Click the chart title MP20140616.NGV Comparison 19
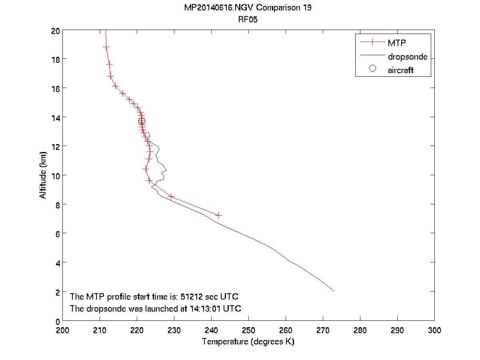click(x=248, y=8)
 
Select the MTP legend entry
click(x=395, y=42)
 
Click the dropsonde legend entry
click(x=407, y=57)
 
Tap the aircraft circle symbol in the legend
click(x=372, y=68)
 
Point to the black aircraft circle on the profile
click(x=142, y=121)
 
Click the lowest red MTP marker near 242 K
click(x=218, y=215)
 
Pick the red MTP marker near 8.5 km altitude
click(x=171, y=196)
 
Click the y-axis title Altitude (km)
click(x=43, y=175)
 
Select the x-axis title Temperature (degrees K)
click(x=248, y=342)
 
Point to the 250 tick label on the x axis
click(x=248, y=330)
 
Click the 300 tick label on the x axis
click(x=434, y=330)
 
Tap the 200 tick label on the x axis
click(x=63, y=330)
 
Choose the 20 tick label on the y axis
click(x=55, y=30)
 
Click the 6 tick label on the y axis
click(x=57, y=234)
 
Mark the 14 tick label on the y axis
click(x=55, y=118)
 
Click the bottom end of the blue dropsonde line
click(x=333, y=291)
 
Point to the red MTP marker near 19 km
click(x=106, y=47)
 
